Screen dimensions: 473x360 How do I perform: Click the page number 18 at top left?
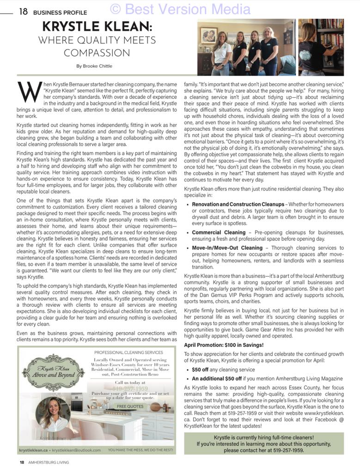click(x=23, y=12)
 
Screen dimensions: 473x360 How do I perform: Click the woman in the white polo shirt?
click(x=221, y=53)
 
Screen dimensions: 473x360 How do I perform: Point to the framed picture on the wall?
click(x=208, y=36)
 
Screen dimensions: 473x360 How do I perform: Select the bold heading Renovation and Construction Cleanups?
click(x=238, y=204)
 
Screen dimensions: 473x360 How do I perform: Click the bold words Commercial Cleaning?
click(x=219, y=232)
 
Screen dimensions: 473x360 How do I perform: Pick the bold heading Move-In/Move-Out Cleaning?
click(x=227, y=248)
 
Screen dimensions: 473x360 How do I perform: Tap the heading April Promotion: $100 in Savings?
click(x=224, y=345)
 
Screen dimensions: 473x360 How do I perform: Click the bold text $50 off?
click(x=200, y=370)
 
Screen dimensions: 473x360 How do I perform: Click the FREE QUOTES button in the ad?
click(x=130, y=406)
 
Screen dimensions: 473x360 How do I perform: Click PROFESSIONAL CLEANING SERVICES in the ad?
click(x=128, y=352)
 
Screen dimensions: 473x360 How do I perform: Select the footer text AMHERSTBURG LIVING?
click(x=48, y=462)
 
